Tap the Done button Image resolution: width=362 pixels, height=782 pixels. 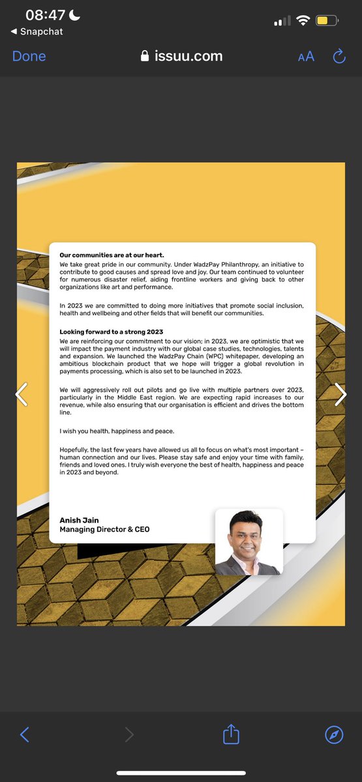point(29,56)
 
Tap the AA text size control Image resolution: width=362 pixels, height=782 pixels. point(306,57)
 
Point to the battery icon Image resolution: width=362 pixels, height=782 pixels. point(327,21)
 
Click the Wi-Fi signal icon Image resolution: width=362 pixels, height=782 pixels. point(302,20)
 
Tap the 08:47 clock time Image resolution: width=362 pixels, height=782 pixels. point(46,15)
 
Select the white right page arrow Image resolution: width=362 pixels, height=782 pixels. point(340,394)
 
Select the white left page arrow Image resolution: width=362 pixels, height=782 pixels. point(22,394)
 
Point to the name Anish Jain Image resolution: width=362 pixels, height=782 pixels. point(80,521)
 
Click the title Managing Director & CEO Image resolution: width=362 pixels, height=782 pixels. point(104,530)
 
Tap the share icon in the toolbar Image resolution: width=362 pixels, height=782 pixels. point(232,735)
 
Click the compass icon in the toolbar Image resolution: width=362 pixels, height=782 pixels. point(334,735)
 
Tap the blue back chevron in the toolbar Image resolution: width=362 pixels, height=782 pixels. point(25,735)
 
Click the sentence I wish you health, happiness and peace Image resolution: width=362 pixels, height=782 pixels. point(117,431)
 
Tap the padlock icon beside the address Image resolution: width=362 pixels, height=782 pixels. point(145,56)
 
